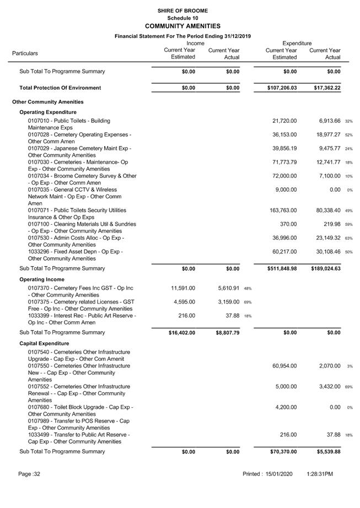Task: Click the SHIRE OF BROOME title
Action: click(x=182, y=10)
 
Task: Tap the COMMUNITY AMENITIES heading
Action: click(x=182, y=26)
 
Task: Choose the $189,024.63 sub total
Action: click(x=325, y=269)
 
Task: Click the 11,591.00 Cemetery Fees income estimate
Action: click(x=183, y=288)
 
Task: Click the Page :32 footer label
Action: click(x=29, y=474)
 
